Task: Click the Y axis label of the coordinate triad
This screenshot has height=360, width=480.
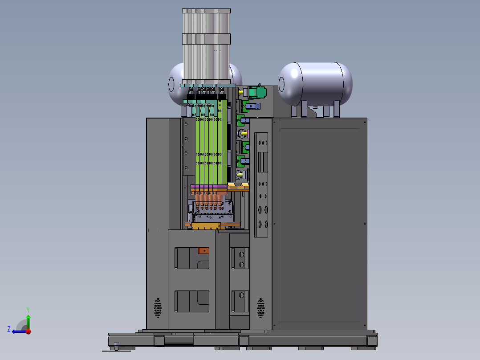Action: [28, 310]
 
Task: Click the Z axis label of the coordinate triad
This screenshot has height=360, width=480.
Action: [9, 329]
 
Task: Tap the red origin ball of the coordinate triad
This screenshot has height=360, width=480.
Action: [28, 331]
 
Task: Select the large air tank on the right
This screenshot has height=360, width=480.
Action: [315, 84]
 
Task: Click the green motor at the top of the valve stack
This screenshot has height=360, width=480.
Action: [257, 92]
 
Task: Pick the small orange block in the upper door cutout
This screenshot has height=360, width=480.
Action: [203, 251]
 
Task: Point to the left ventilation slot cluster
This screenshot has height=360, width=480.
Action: [158, 308]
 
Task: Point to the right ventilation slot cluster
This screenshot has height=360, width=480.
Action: [261, 308]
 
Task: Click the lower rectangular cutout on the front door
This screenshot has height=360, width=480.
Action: [192, 302]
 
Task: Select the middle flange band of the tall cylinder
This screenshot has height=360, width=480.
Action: [207, 39]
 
